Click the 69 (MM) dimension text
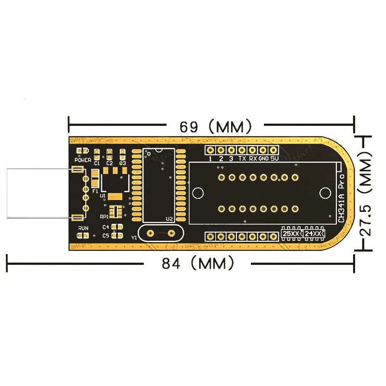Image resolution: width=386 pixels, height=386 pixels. coord(215,127)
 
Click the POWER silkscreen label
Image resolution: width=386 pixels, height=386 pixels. coord(83,159)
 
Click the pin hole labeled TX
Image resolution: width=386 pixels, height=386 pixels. coord(242,150)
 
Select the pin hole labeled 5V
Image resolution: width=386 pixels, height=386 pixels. coord(274,150)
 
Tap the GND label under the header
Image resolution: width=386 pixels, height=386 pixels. coord(263,159)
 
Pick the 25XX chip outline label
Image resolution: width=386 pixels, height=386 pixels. coord(291,234)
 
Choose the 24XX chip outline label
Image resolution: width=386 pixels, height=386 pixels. coord(313,234)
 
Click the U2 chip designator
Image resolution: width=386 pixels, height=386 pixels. coord(169,219)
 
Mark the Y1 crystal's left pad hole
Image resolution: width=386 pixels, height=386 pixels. coord(150,233)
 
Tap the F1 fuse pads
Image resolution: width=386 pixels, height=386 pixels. coord(95,181)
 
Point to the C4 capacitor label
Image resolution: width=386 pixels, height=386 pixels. coord(105,226)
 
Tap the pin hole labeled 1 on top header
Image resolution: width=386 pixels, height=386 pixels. coord(210,150)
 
